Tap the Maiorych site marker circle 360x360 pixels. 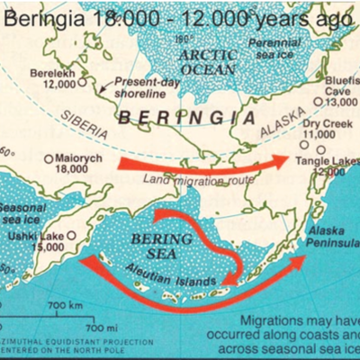[x=48, y=158]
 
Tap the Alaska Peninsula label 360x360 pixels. [x=330, y=237]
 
